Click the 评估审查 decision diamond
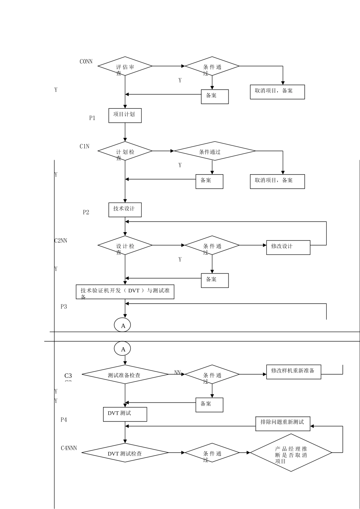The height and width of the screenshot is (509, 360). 125,66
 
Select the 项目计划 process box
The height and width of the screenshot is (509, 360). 125,115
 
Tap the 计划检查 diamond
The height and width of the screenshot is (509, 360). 125,151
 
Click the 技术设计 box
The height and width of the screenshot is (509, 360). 125,209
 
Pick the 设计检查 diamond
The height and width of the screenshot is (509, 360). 125,245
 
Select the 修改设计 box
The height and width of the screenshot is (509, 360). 288,247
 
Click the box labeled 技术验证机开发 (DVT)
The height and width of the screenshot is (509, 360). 125,292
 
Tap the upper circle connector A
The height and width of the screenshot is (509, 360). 122,325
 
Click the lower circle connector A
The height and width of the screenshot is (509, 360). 122,349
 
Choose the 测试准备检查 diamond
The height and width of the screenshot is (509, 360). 125,375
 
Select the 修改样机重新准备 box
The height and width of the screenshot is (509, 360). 294,372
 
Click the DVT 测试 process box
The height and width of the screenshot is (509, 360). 125,414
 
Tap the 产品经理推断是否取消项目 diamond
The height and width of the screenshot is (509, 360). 291,453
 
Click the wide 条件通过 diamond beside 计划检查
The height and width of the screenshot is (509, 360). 214,151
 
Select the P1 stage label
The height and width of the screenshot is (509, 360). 92,118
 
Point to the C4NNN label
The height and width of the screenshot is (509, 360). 69,448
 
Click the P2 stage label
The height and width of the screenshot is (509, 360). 86,212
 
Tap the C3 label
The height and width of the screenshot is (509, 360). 68,376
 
